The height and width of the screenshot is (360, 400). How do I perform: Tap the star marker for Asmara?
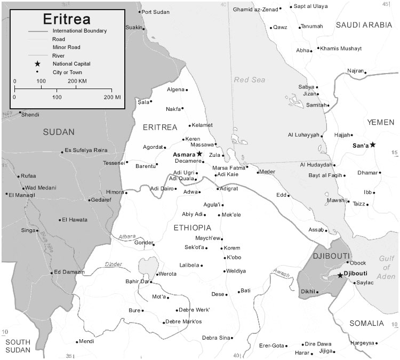(x=199, y=154)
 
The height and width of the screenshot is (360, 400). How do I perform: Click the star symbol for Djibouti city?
(x=340, y=275)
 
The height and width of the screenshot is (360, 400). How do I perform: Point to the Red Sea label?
(x=249, y=79)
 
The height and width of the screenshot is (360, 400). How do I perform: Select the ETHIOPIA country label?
(x=193, y=228)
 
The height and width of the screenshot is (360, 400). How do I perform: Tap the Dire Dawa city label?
(x=318, y=344)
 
